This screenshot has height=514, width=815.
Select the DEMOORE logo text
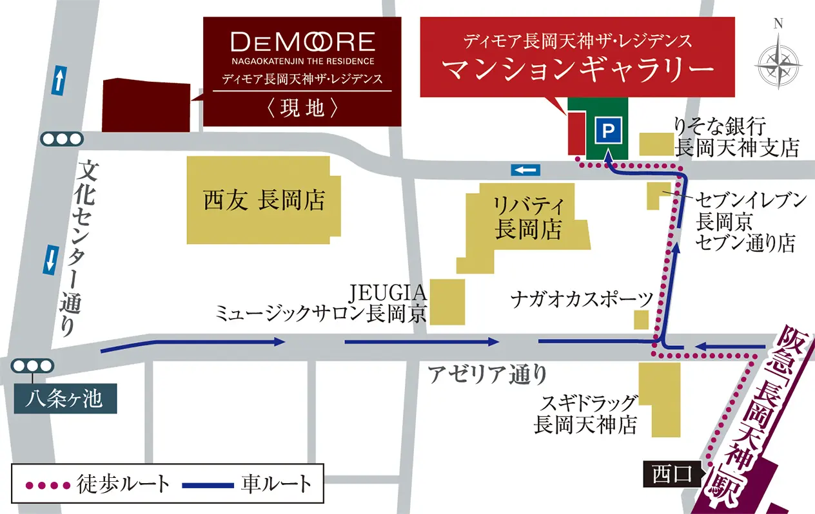302,43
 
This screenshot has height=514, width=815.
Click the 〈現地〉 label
302,108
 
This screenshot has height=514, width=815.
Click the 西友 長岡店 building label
263,201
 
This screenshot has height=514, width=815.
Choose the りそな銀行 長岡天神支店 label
736,137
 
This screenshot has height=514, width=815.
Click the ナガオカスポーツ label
582,299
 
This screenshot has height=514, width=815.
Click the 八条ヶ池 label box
65,399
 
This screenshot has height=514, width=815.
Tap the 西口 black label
671,475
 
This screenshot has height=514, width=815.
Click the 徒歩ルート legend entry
97,484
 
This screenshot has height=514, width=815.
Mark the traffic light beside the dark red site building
61,138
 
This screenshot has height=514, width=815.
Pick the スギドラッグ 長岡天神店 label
585,414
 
